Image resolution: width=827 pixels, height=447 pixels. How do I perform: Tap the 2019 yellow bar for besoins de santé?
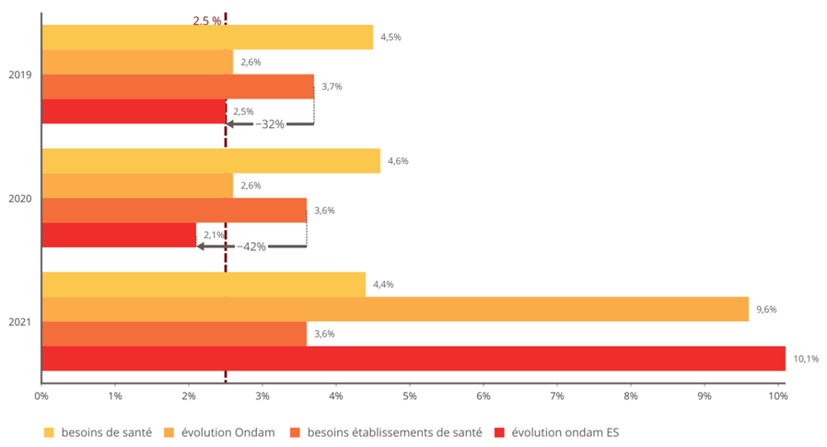click(207, 37)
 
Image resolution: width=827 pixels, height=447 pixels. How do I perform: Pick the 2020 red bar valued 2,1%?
click(119, 235)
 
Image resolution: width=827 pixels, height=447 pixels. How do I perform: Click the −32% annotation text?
click(270, 123)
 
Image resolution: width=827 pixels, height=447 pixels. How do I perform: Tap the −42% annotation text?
click(251, 246)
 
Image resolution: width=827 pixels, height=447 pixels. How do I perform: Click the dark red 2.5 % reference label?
click(207, 20)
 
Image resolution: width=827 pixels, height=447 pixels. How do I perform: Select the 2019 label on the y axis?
click(20, 74)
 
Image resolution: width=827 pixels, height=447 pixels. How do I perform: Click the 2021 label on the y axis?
click(20, 322)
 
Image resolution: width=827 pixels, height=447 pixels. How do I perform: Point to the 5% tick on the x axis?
click(409, 396)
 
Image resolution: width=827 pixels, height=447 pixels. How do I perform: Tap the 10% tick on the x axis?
click(776, 396)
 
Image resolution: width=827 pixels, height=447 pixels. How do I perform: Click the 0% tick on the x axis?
click(41, 396)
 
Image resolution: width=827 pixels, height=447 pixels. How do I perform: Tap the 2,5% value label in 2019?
click(243, 111)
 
